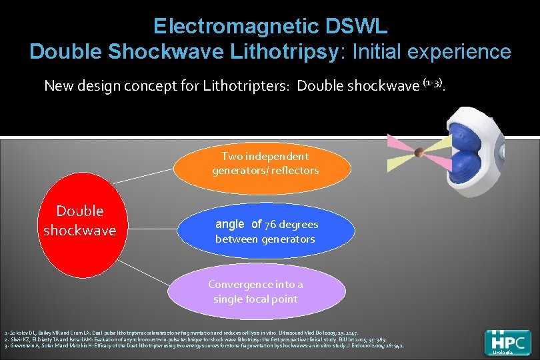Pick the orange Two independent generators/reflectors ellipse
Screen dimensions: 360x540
click(265, 163)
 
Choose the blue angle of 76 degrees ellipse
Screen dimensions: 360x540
click(266, 231)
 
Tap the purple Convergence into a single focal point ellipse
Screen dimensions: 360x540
click(255, 291)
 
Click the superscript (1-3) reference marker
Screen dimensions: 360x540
click(432, 83)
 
